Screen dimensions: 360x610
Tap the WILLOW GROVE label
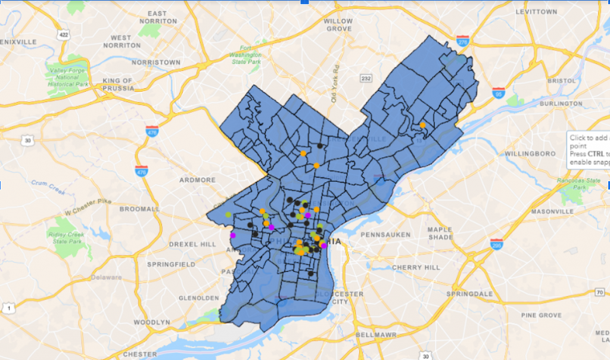point(338,24)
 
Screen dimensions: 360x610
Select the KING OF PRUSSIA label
point(117,84)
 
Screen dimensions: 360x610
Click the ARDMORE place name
point(197,180)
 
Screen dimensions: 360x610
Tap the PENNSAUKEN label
point(385,235)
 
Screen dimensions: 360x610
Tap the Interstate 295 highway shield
point(496,244)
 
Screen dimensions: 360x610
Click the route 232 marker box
point(366,79)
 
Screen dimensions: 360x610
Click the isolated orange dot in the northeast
point(422,125)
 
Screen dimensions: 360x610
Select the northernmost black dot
point(320,145)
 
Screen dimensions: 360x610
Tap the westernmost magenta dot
point(233,235)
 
